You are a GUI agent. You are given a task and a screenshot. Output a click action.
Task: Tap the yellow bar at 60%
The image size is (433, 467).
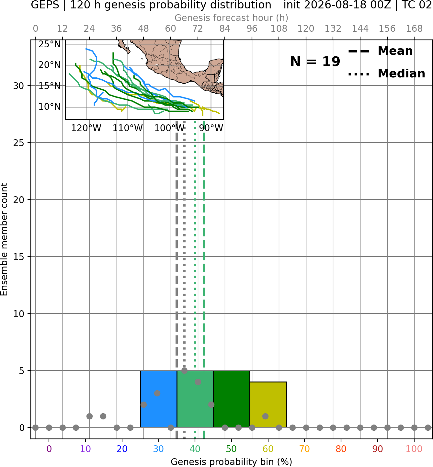268,404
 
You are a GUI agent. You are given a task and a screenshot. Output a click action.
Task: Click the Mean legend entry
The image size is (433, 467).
380,51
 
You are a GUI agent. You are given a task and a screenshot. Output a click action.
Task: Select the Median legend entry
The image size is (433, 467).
386,74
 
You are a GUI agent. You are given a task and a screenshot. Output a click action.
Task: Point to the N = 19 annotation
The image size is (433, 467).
315,62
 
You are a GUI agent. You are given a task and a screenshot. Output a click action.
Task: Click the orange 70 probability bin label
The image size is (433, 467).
304,449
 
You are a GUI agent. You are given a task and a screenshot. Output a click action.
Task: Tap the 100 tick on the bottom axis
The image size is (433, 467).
414,449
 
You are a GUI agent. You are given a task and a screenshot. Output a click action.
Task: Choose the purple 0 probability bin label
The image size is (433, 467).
49,449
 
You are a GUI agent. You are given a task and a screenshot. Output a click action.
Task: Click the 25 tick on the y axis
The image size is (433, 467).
18,143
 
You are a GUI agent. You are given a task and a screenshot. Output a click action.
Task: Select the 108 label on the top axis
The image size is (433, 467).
279,29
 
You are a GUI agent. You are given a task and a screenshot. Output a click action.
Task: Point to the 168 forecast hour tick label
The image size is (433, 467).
414,29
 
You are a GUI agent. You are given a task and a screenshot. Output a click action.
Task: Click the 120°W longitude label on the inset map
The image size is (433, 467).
86,128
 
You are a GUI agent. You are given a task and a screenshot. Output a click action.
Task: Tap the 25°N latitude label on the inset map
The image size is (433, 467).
50,44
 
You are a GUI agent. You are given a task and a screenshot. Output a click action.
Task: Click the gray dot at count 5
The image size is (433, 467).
184,370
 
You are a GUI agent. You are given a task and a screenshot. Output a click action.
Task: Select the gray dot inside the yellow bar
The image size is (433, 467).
265,416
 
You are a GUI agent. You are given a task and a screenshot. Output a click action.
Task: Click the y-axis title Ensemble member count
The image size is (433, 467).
4,239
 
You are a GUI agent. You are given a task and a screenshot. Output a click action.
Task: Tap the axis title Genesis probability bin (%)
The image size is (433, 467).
232,462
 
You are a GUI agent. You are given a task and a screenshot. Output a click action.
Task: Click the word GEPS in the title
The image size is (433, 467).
45,5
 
